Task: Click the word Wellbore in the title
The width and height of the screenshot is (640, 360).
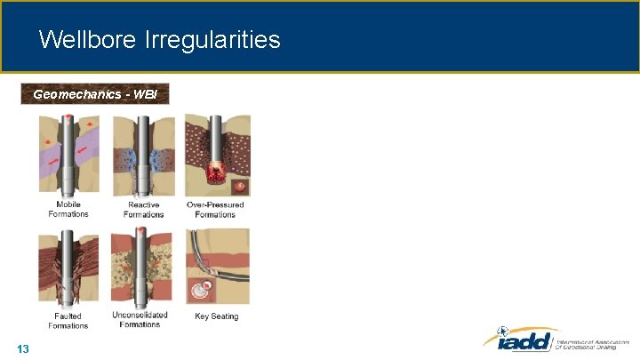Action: coord(84,39)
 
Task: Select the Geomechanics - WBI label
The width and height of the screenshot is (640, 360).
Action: coord(94,93)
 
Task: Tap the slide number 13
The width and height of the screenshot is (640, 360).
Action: coord(23,348)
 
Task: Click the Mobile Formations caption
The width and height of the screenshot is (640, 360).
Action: coord(68,210)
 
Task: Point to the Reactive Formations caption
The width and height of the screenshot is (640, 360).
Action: coord(144,210)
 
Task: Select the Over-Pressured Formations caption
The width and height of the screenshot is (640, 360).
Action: coord(215,210)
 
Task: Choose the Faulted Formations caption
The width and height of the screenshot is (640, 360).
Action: coord(68,320)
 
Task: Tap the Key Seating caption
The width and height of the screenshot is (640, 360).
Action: coord(216,316)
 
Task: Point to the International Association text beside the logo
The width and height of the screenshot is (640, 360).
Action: coord(590,343)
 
